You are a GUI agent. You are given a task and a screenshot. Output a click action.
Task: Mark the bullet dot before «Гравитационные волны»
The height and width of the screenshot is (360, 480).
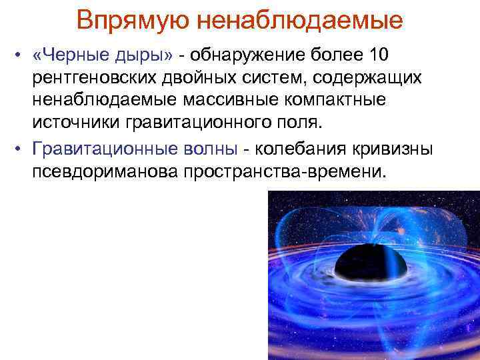20,149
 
